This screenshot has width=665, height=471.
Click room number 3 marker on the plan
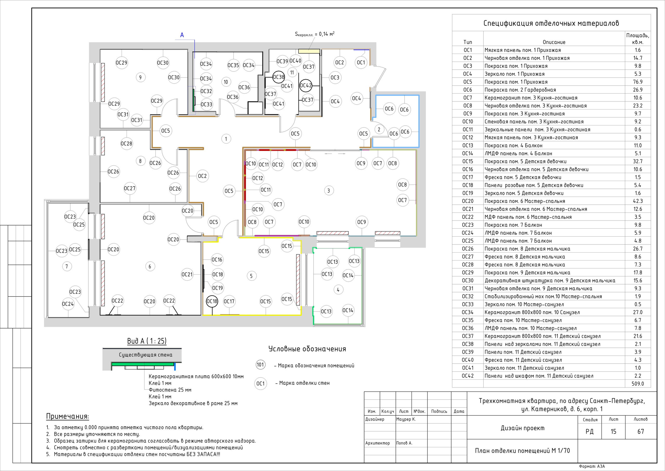(x=328, y=191)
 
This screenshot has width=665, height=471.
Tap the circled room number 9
(x=141, y=77)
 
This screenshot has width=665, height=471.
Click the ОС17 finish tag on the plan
(x=229, y=301)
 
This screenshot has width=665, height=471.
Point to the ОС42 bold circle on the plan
(x=306, y=85)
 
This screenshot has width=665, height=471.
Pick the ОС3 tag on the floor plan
(x=335, y=78)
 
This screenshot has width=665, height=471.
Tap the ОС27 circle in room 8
(x=130, y=188)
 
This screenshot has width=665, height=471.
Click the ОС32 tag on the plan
(x=206, y=91)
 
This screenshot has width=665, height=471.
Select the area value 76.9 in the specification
(x=638, y=82)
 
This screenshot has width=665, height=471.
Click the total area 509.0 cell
(x=638, y=383)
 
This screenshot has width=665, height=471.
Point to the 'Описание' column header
(x=554, y=42)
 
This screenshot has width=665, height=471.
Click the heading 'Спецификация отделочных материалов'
(x=551, y=23)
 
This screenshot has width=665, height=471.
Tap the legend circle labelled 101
(x=260, y=365)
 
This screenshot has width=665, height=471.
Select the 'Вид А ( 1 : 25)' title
(x=147, y=341)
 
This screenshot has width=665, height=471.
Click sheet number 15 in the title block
(x=614, y=431)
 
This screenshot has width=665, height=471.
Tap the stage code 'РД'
(x=589, y=431)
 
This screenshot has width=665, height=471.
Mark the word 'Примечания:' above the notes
(x=68, y=416)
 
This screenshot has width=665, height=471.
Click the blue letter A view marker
(x=182, y=35)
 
